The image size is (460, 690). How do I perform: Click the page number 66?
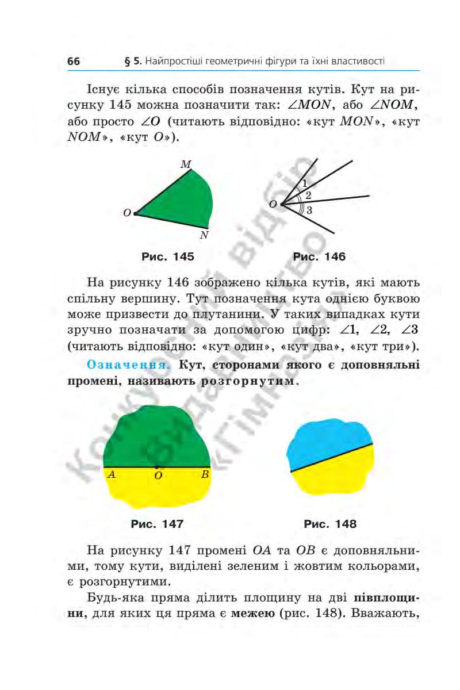pos(73,62)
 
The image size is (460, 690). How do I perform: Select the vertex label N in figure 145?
pos(204,236)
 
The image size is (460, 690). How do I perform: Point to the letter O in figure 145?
pos(126,213)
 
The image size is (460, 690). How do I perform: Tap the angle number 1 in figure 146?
pos(304,184)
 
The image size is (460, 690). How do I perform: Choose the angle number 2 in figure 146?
pos(308,195)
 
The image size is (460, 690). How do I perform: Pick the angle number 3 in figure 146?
pos(309,210)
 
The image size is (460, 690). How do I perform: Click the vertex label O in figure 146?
pos(273,204)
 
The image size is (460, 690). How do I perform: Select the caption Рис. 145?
pos(168,257)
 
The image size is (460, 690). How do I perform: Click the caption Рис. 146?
pos(319,257)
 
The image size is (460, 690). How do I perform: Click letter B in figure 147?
pos(205,475)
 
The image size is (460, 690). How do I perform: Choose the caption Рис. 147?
pos(157,524)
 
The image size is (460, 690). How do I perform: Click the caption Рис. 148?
pos(330,524)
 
